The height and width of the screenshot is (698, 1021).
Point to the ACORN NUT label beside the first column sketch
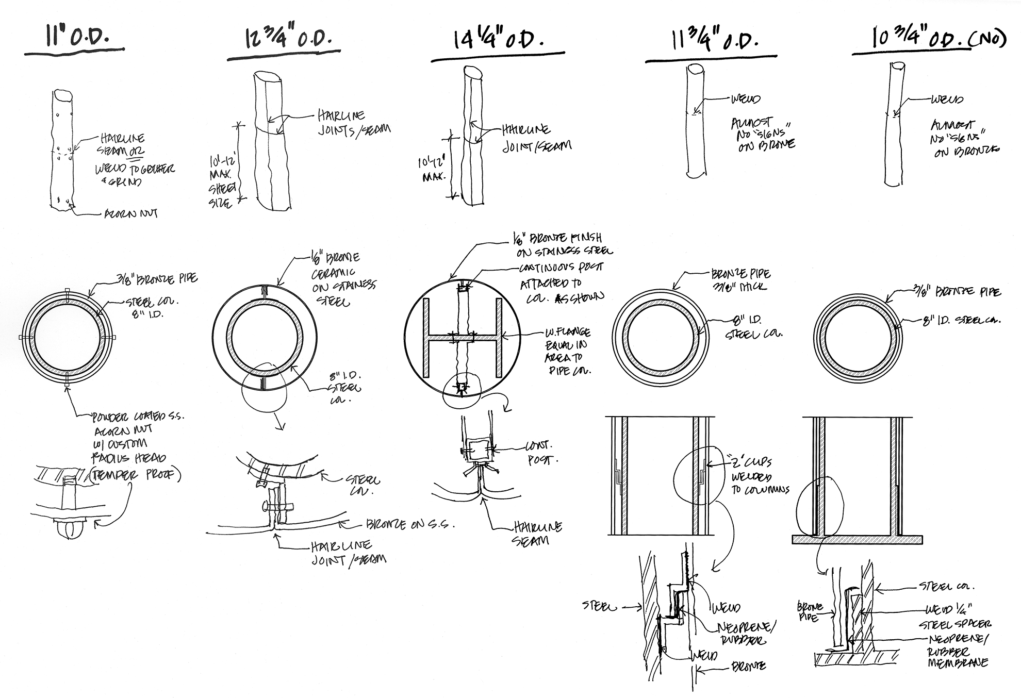131,213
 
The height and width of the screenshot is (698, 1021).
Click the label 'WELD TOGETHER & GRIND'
134,175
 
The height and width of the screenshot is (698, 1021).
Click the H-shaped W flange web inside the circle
462,338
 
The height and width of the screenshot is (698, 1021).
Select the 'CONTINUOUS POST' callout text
561,268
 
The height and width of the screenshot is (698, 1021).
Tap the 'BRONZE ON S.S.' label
410,525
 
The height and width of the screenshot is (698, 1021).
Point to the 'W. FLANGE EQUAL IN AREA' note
567,351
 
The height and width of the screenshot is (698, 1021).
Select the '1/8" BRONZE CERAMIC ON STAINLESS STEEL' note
342,279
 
